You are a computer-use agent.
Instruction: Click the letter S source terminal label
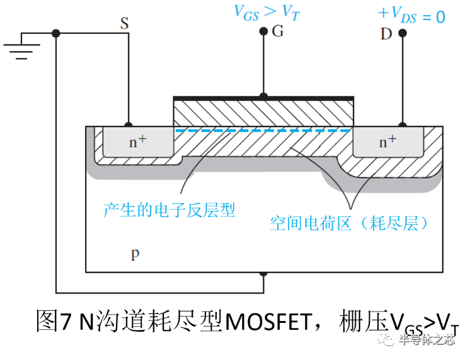[x=124, y=24]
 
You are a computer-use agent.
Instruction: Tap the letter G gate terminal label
[x=278, y=31]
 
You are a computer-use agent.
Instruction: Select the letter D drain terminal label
[x=386, y=33]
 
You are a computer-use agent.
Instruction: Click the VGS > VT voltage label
[x=266, y=11]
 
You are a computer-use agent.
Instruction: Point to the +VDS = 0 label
[x=411, y=16]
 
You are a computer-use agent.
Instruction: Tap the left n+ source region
[x=138, y=142]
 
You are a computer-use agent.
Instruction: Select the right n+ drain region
[x=388, y=142]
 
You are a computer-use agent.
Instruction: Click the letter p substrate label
[x=135, y=254]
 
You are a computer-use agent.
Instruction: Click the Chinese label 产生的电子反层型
[x=169, y=210]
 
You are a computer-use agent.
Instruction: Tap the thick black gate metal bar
[x=263, y=98]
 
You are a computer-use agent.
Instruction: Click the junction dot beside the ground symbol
[x=56, y=33]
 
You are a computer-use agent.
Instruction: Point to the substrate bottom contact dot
[x=263, y=273]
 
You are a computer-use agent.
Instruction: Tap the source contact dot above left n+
[x=129, y=125]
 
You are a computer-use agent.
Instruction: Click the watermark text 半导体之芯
[x=427, y=339]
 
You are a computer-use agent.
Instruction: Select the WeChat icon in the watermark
[x=386, y=339]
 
